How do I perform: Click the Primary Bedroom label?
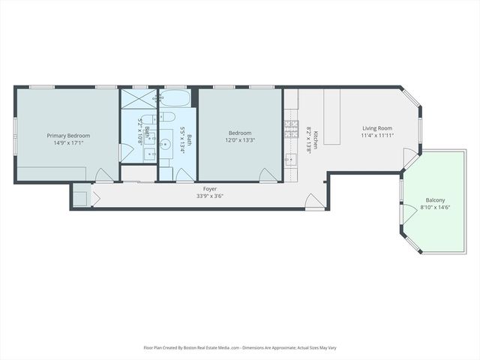coord(68,136)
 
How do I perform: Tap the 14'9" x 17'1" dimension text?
coord(68,142)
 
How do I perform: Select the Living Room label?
coord(378,128)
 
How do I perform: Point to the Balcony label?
coord(435,199)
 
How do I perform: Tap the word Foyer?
coord(209,189)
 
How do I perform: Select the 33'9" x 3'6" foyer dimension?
coord(209,196)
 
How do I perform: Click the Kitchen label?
coord(316,139)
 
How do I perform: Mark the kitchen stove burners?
coord(289,129)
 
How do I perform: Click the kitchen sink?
coord(289,159)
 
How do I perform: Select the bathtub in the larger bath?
coord(176,99)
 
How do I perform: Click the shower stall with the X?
coord(139,99)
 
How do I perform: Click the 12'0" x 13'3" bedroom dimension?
coord(240,140)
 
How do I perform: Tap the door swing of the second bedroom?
coord(268,175)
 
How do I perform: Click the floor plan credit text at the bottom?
coord(240,348)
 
